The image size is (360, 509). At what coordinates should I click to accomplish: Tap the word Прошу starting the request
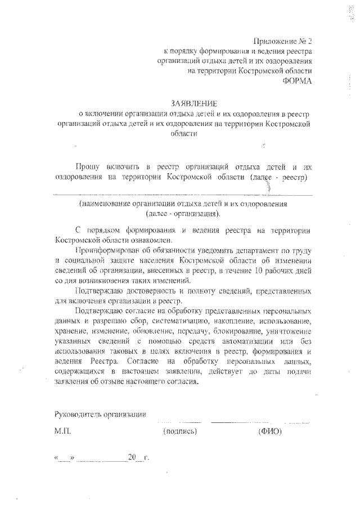point(88,166)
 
